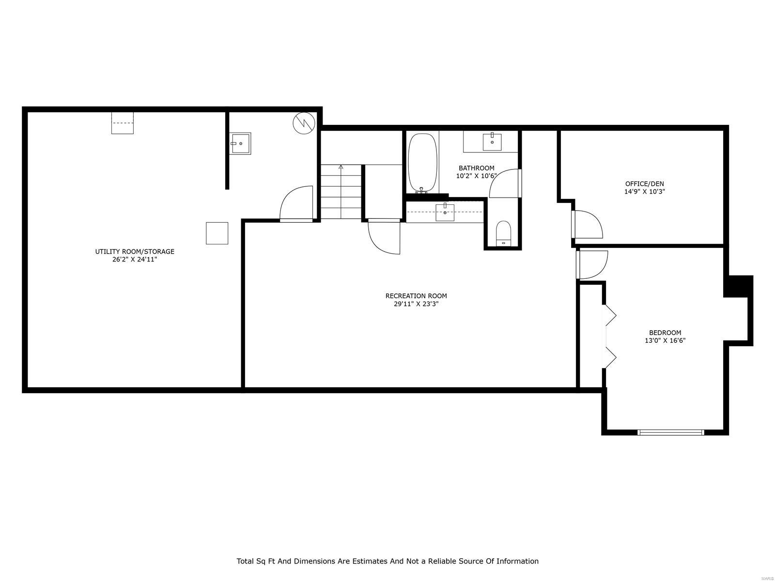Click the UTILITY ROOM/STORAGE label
(x=134, y=251)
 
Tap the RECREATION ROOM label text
(x=416, y=296)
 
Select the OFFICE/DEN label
(x=644, y=183)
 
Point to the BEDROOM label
(x=665, y=333)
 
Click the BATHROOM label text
(x=476, y=168)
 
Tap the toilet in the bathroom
(x=504, y=233)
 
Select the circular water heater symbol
(x=304, y=123)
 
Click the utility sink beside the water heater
(x=240, y=143)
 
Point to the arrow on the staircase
(x=341, y=167)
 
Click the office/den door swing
(x=587, y=224)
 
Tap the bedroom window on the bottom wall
(x=670, y=432)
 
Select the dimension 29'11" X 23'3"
(x=416, y=304)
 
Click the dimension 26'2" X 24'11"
(x=134, y=260)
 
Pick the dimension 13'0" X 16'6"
(x=665, y=340)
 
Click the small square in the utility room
(x=217, y=233)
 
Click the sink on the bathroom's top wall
(x=492, y=140)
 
